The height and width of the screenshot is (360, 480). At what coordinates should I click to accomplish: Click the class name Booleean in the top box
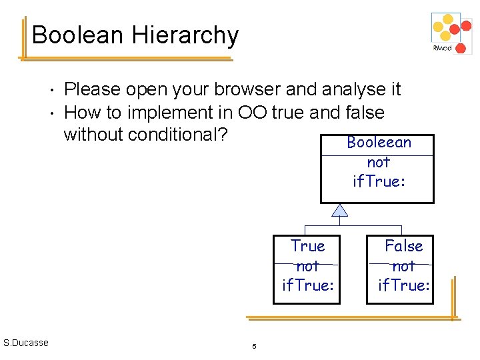(x=379, y=143)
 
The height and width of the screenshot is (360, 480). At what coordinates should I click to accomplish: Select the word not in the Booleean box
(x=378, y=162)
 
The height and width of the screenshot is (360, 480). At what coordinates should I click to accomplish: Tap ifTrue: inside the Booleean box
(x=379, y=181)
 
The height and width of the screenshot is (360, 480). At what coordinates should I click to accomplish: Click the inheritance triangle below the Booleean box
(x=340, y=211)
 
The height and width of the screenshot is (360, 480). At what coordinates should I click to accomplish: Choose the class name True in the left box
(x=307, y=246)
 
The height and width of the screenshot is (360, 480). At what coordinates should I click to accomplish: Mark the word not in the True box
(x=307, y=266)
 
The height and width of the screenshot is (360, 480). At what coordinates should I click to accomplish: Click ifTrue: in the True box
(x=307, y=285)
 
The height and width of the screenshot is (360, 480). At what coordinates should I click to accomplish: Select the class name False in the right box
(x=403, y=246)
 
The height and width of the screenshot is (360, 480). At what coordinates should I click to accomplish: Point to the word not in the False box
(x=403, y=266)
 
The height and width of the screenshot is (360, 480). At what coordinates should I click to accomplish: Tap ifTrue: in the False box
(x=403, y=285)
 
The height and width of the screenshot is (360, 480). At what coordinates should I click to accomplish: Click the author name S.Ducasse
(x=25, y=343)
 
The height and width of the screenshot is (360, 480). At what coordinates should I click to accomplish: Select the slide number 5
(x=254, y=346)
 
